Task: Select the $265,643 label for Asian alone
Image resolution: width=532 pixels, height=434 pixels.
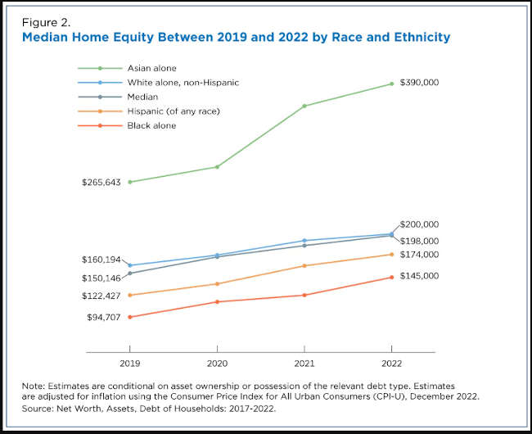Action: point(101,182)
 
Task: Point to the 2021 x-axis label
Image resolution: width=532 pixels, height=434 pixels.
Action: point(304,362)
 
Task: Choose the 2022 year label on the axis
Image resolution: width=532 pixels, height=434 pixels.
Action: point(391,362)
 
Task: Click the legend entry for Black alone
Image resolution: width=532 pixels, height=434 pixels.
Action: point(151,126)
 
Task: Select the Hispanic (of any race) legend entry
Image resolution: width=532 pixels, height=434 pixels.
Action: point(174,111)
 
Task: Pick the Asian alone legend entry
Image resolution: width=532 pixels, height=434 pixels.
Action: point(151,68)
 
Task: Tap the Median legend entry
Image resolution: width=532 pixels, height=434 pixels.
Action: point(143,97)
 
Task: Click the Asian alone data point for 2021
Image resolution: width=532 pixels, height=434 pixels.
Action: point(304,106)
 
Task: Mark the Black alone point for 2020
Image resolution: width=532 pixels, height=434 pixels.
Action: point(217,302)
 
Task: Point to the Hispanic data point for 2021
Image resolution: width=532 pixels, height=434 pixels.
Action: point(304,265)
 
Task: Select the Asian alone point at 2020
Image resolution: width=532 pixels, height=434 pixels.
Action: point(217,167)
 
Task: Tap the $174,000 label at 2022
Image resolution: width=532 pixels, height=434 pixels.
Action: point(419,255)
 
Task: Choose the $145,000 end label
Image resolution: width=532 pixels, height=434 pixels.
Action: point(419,276)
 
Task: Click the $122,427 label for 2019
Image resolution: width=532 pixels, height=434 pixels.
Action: point(101,295)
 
